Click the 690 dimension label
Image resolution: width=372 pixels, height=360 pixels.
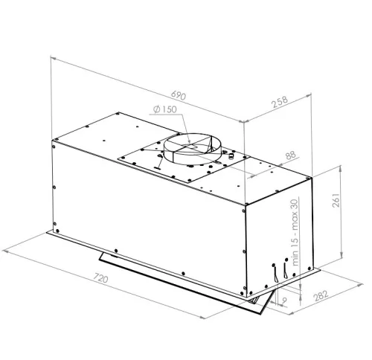click(179, 95)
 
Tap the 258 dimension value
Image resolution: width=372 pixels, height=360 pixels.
click(280, 102)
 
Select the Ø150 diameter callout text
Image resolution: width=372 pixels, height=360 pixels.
click(165, 109)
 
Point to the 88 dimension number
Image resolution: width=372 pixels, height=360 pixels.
click(290, 155)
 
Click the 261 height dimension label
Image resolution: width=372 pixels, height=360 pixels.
click(336, 200)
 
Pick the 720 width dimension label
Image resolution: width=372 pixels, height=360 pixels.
click(100, 277)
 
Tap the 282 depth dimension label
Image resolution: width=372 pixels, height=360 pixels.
click(321, 295)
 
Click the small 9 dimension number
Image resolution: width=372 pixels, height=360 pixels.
click(284, 300)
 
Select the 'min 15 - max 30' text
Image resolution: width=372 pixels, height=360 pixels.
click(295, 233)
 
